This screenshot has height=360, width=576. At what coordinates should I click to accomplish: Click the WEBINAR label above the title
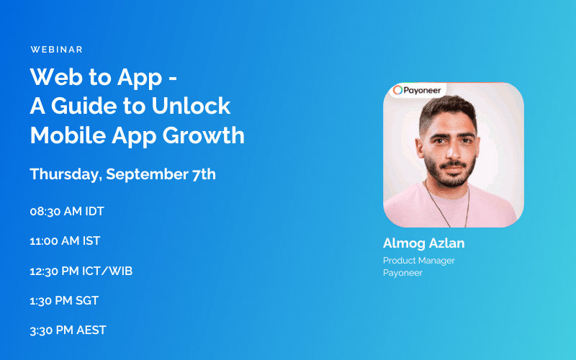pos(57,50)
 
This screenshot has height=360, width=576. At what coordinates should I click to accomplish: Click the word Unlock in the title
pos(192,106)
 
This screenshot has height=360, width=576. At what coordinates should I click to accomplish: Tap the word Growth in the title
pos(210,135)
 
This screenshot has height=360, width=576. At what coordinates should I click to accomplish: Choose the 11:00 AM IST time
pos(65,241)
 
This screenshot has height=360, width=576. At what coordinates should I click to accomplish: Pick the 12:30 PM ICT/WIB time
pos(81,271)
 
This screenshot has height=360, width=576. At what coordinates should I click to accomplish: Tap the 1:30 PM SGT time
pos(64,300)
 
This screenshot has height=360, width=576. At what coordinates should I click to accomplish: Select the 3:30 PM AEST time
pos(68,330)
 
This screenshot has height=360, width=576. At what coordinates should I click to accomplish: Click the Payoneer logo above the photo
pos(418,91)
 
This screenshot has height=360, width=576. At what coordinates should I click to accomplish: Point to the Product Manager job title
pos(419,261)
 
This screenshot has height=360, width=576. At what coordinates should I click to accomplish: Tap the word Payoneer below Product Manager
pos(402,273)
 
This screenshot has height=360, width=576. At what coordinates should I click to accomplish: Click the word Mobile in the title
pos(65,135)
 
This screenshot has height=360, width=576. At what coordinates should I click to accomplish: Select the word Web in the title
pos(53,77)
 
